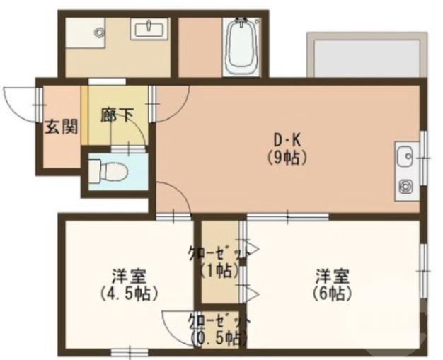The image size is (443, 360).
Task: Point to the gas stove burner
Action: (407, 187)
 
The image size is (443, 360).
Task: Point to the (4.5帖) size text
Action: (129, 291)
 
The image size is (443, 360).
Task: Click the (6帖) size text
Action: (330, 291)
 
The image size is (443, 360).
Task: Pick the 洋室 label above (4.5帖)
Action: (128, 274)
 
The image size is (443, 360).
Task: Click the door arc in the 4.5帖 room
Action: (173, 324)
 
